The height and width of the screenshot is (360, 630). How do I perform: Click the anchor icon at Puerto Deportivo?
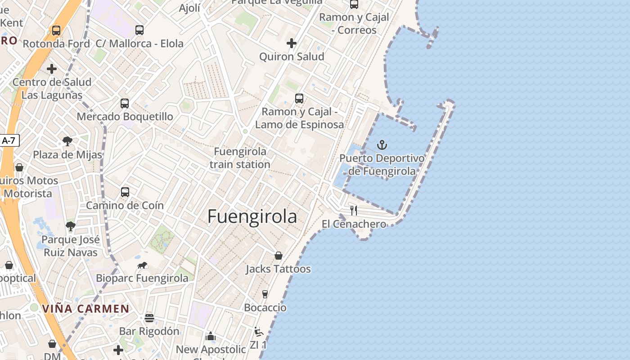click(382, 145)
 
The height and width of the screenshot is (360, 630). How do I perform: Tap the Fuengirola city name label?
click(252, 216)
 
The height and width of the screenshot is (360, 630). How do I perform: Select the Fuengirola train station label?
click(240, 158)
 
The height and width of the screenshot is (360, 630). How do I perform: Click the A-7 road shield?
click(9, 140)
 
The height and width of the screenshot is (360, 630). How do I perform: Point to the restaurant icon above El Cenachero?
click(354, 210)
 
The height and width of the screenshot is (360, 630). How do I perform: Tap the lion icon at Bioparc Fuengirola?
click(142, 265)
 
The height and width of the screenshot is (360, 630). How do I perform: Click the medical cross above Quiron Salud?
click(292, 43)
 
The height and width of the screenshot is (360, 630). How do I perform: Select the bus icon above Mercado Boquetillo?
click(125, 103)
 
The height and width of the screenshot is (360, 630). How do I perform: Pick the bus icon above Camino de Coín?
click(125, 192)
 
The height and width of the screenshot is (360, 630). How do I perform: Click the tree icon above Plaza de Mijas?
click(67, 141)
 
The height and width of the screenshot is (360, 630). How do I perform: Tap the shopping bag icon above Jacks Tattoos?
click(279, 256)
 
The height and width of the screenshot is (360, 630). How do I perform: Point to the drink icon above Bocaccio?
click(265, 294)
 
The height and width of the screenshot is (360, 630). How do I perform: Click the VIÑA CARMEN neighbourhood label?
click(85, 309)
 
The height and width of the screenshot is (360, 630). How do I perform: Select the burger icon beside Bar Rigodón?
click(149, 318)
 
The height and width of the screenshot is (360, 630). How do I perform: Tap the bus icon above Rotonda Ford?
click(56, 31)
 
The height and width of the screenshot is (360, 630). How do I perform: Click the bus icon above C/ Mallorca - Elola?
click(139, 30)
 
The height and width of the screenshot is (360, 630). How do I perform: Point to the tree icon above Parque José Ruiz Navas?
click(70, 226)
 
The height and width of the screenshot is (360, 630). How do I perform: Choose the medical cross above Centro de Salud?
click(52, 69)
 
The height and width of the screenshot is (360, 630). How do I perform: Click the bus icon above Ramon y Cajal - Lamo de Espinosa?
click(299, 99)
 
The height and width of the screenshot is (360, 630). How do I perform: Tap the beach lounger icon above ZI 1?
click(258, 332)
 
